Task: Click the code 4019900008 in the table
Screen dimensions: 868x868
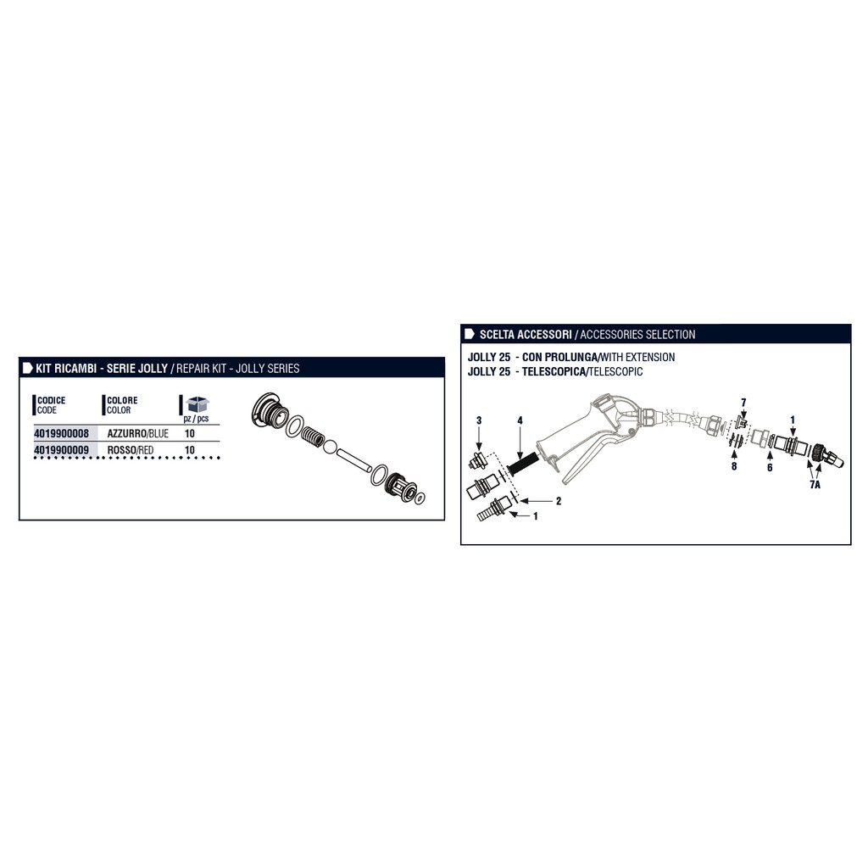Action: (61, 433)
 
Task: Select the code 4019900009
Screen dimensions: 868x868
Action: (61, 450)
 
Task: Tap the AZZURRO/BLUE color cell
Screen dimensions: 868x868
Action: (138, 433)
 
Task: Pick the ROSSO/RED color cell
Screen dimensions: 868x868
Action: (130, 450)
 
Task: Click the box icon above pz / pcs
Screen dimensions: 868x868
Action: (197, 404)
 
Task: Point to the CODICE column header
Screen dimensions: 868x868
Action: (51, 400)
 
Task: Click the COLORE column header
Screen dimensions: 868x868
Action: (122, 400)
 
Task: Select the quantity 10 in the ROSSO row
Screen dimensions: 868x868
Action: (190, 450)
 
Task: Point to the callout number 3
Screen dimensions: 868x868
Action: (479, 420)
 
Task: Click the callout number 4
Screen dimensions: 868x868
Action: (520, 420)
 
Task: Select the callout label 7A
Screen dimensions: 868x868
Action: (815, 485)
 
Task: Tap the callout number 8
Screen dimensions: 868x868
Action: (734, 466)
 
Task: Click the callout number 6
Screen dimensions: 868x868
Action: (770, 468)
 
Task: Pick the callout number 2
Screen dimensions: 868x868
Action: (559, 501)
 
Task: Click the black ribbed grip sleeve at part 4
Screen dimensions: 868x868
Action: (522, 464)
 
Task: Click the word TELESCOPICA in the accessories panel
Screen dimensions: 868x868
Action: (554, 371)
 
